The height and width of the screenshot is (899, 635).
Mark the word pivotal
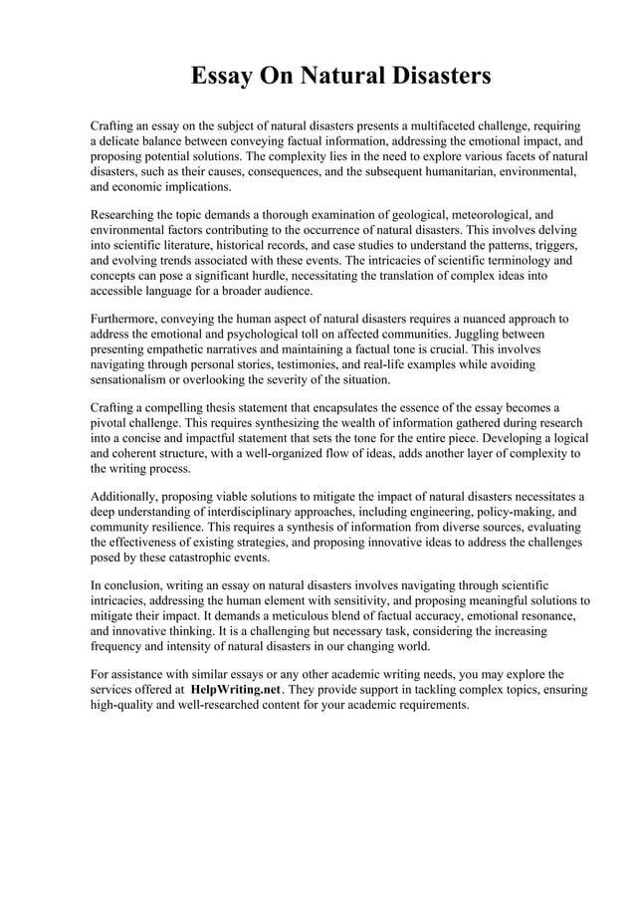112,422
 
